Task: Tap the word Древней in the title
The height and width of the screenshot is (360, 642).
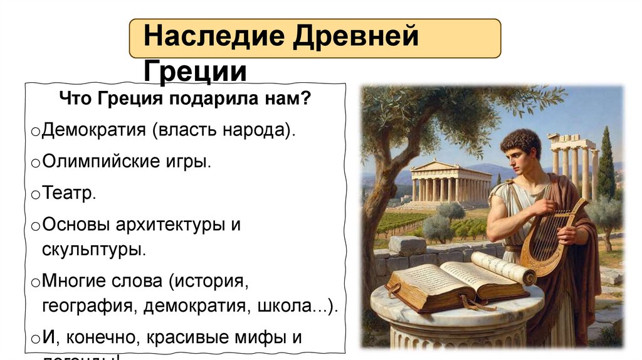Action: [x=354, y=38]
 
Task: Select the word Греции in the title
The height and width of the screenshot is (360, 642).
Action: [x=195, y=71]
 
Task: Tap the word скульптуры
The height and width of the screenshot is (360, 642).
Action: [x=94, y=249]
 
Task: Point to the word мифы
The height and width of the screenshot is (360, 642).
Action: [x=264, y=337]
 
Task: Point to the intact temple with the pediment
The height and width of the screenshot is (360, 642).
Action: [x=450, y=183]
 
